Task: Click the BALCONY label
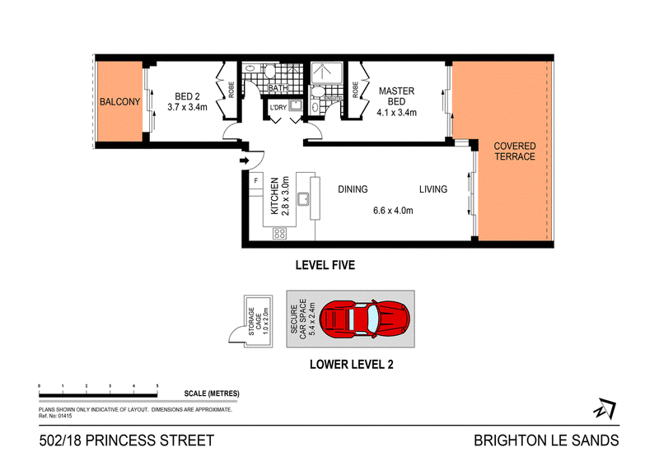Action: (x=119, y=102)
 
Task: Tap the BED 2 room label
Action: (x=187, y=96)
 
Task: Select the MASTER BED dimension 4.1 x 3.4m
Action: (x=396, y=113)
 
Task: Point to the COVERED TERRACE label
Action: (x=514, y=151)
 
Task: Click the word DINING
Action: (x=353, y=189)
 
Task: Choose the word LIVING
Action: (x=433, y=189)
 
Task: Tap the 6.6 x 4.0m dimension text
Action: (x=393, y=211)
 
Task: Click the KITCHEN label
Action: (x=274, y=196)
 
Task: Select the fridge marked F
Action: (x=256, y=181)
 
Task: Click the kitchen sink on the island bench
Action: (x=303, y=199)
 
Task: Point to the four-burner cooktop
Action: (x=279, y=233)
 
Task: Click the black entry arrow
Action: (x=244, y=160)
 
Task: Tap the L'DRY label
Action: (x=278, y=108)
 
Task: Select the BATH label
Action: (x=278, y=88)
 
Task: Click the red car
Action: (x=364, y=319)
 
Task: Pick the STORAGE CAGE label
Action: (x=255, y=321)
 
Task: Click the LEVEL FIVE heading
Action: (x=325, y=265)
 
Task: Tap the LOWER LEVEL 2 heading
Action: (x=352, y=364)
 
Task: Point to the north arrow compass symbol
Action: (x=605, y=408)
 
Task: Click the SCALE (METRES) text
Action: (x=212, y=394)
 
